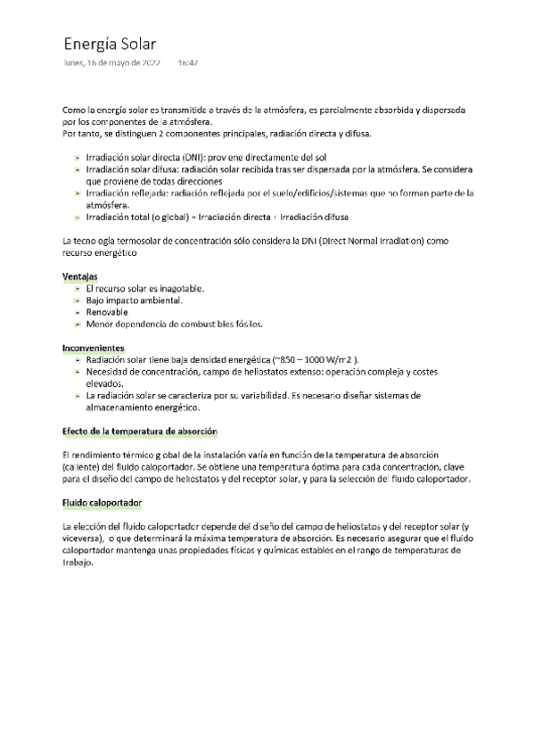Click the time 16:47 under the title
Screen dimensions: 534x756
[x=187, y=63]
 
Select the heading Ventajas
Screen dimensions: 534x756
[x=79, y=276]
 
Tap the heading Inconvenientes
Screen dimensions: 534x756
[x=93, y=347]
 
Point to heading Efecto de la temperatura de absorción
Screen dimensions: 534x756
[x=139, y=431]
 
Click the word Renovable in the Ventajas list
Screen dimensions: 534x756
[x=107, y=312]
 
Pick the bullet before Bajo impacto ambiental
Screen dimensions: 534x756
[x=78, y=300]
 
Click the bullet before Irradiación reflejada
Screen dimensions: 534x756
[x=78, y=192]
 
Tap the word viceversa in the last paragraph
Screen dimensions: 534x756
[x=83, y=538]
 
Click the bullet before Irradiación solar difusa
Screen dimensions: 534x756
[x=78, y=168]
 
